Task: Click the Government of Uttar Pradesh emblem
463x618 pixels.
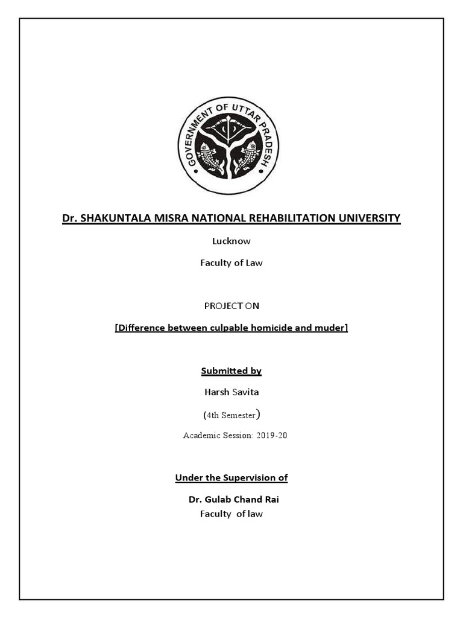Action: (x=228, y=146)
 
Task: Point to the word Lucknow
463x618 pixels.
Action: (x=231, y=241)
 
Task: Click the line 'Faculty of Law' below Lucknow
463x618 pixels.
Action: (x=231, y=263)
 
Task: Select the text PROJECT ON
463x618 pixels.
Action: (x=231, y=306)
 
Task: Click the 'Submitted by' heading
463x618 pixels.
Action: (x=231, y=371)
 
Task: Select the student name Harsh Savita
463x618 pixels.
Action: (x=231, y=392)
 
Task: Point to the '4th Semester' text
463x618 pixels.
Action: (x=231, y=415)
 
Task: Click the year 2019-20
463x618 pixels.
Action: (x=271, y=435)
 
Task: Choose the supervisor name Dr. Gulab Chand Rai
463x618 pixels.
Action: (x=234, y=500)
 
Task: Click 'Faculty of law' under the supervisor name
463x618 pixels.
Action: (x=231, y=514)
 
